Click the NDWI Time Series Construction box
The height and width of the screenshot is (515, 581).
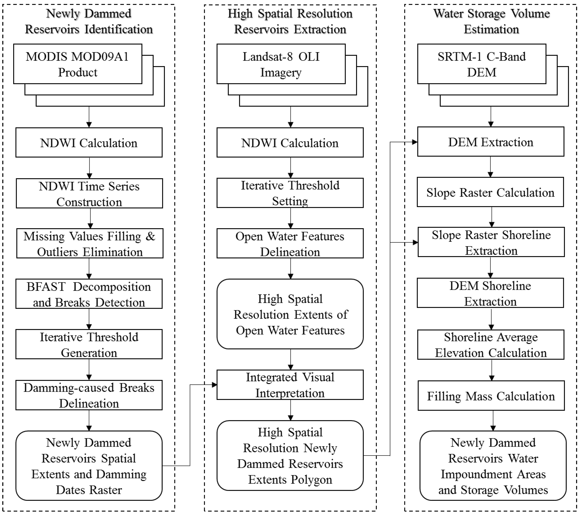tap(89, 193)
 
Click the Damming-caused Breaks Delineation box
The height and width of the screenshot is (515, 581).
tap(89, 395)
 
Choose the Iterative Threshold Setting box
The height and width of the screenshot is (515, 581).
tap(290, 193)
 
